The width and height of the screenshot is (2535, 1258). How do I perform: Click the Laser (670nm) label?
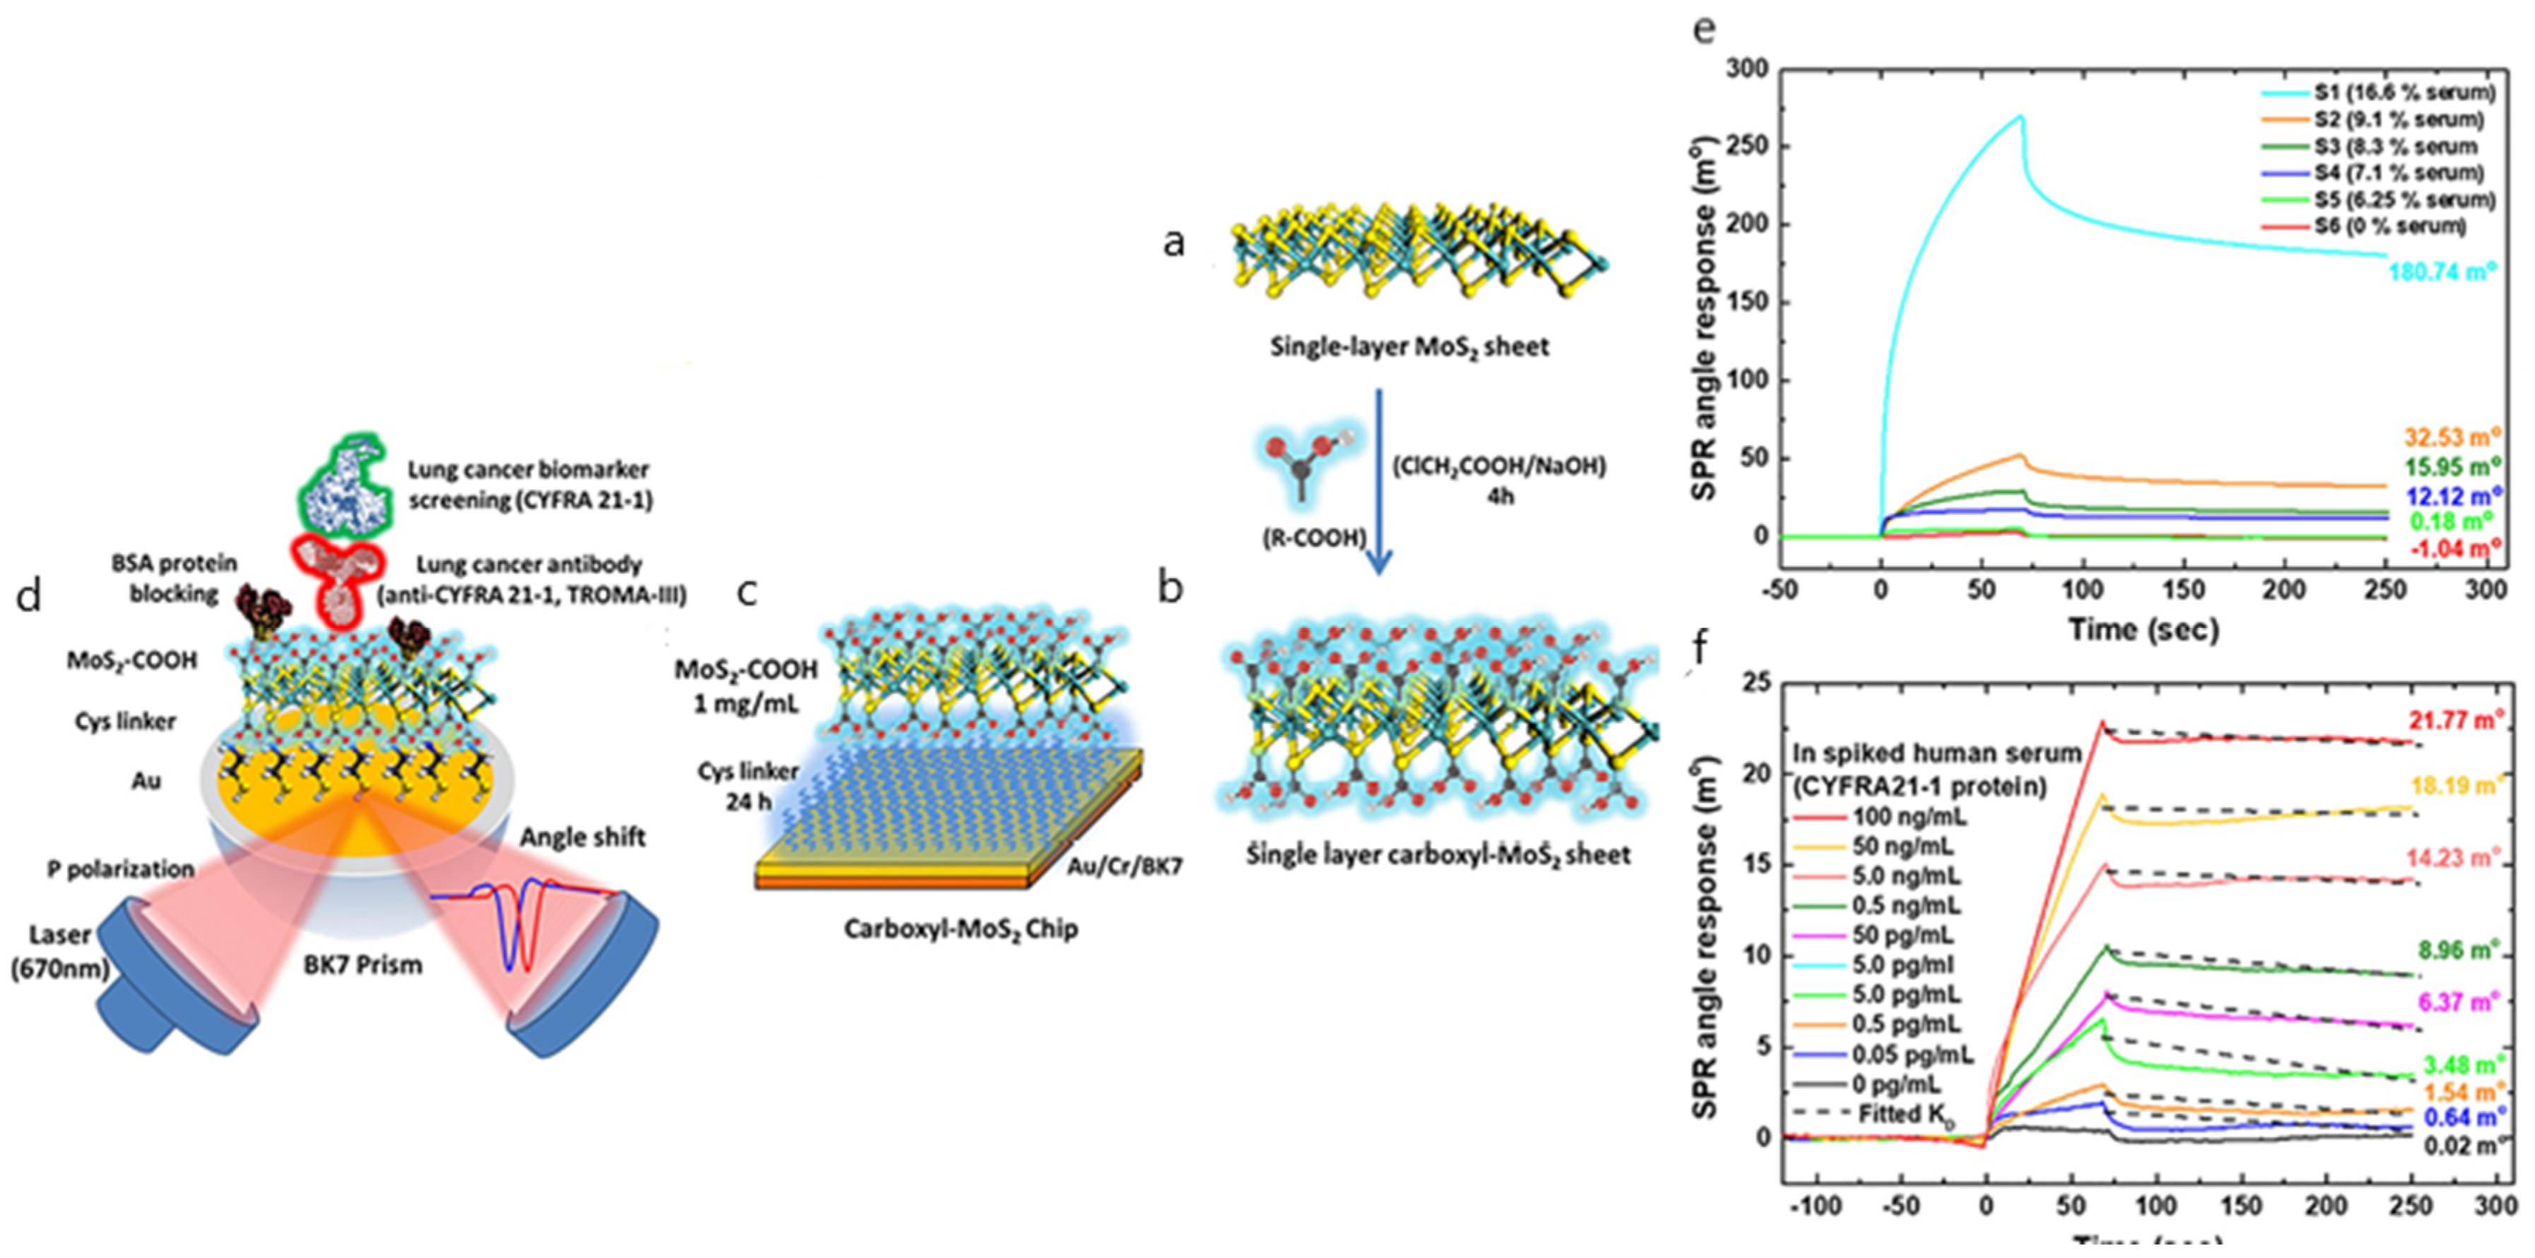(60, 951)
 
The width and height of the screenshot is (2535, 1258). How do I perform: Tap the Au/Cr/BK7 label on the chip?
(1125, 866)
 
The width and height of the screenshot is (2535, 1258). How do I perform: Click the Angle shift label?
(583, 837)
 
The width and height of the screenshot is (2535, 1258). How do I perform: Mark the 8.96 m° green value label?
(2454, 951)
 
